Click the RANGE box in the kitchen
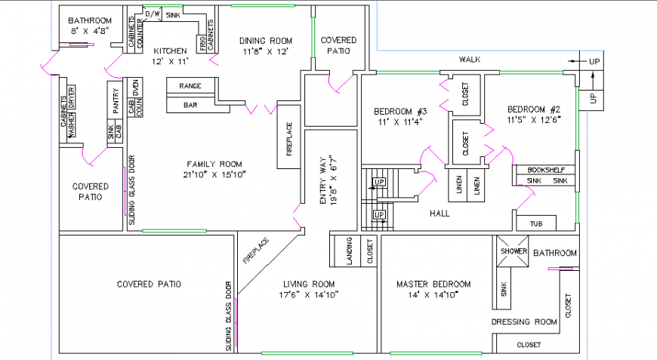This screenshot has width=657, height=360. [x=190, y=86]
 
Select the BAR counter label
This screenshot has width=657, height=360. [x=190, y=106]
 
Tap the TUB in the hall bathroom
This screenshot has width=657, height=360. [x=536, y=223]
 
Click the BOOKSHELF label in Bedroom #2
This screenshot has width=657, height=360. [x=545, y=170]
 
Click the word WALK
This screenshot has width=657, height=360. [x=470, y=60]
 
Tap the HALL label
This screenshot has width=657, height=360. [x=439, y=214]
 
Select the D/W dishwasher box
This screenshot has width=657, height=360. [x=152, y=14]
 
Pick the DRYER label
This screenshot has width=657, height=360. [x=72, y=97]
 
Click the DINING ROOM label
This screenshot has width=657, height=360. [x=266, y=41]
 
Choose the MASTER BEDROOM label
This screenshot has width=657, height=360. [x=433, y=285]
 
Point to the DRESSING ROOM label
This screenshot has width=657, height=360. [x=524, y=322]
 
